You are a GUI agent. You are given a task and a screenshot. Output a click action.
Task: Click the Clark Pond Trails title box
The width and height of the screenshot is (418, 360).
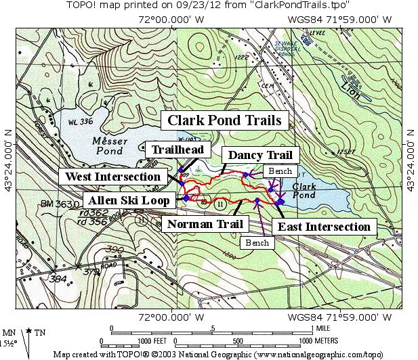pyautogui.click(x=224, y=121)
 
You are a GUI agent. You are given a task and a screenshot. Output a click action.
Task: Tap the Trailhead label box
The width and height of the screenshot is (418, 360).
pyautogui.click(x=177, y=150)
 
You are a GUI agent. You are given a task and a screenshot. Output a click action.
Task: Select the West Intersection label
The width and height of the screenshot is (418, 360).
pyautogui.click(x=113, y=177)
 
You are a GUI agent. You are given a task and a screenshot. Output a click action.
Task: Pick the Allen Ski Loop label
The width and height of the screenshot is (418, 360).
pyautogui.click(x=127, y=200)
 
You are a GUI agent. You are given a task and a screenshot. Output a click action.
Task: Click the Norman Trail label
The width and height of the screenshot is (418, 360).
pyautogui.click(x=196, y=224)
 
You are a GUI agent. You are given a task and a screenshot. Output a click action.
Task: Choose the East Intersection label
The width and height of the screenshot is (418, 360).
pyautogui.click(x=325, y=227)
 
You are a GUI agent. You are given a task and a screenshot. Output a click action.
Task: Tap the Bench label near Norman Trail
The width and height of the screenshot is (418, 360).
pyautogui.click(x=257, y=242)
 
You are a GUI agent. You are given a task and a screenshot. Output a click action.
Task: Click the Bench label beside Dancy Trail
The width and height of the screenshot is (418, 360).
pyautogui.click(x=280, y=172)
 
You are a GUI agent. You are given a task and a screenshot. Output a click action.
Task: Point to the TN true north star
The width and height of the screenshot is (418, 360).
pyautogui.click(x=30, y=332)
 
